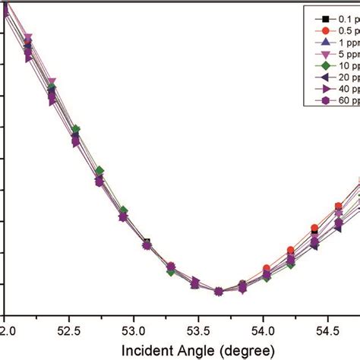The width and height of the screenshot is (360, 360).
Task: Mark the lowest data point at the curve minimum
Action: (x=219, y=291)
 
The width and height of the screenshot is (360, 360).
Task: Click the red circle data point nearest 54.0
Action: (x=267, y=269)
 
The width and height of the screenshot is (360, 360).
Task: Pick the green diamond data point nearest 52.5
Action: (x=76, y=130)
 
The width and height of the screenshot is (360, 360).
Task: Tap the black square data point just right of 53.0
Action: (x=147, y=242)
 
